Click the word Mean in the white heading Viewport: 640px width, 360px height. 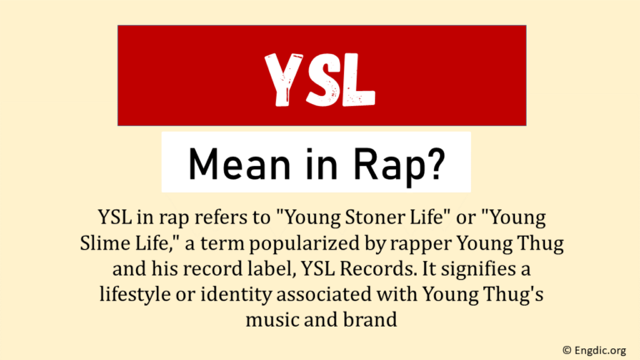pos(227,163)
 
